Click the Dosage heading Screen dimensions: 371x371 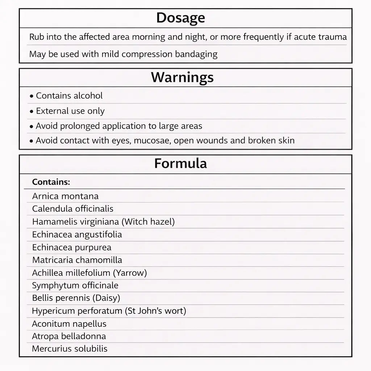click(x=180, y=18)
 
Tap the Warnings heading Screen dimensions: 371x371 click(x=182, y=77)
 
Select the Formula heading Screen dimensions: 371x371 click(x=180, y=163)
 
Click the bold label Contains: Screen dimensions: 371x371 click(x=51, y=182)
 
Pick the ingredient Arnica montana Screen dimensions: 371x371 click(x=65, y=196)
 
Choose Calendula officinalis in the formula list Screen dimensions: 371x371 click(x=72, y=209)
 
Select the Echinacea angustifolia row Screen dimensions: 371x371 click(x=77, y=234)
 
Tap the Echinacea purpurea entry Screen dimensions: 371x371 click(x=71, y=247)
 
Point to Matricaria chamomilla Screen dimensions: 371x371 click(x=77, y=260)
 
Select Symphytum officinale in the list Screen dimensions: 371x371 click(x=75, y=285)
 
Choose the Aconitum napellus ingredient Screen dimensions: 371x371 click(x=69, y=324)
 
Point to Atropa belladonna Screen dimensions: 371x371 click(x=69, y=336)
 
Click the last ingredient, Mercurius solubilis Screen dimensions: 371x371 click(x=70, y=349)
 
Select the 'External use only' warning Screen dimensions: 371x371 click(x=70, y=111)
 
